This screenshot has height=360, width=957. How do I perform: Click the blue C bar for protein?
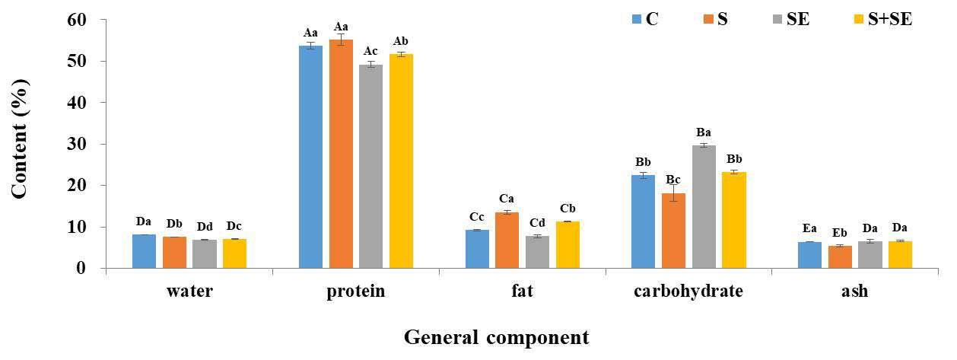310,157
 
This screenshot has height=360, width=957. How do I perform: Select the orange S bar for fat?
507,241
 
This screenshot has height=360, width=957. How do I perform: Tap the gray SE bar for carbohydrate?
704,207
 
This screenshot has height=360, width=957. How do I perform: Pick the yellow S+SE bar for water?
234,253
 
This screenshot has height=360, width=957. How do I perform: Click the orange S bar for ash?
840,257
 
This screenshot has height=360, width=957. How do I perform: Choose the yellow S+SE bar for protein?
401,161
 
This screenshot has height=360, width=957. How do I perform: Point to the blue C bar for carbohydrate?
643,221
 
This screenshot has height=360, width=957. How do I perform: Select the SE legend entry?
791,19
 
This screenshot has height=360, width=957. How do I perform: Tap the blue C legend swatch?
637,19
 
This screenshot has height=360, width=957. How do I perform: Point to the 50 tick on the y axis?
103,61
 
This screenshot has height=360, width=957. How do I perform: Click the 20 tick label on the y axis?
77,186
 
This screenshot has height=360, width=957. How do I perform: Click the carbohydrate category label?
688,292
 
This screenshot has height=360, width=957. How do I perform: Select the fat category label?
522,291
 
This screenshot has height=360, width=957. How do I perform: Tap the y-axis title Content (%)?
20,139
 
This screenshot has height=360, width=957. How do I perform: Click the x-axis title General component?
497,338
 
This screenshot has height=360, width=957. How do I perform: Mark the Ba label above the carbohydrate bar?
704,132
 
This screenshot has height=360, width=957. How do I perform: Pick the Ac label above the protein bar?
370,51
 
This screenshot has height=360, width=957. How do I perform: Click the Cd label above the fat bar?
537,223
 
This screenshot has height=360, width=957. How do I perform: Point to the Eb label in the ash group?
840,233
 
